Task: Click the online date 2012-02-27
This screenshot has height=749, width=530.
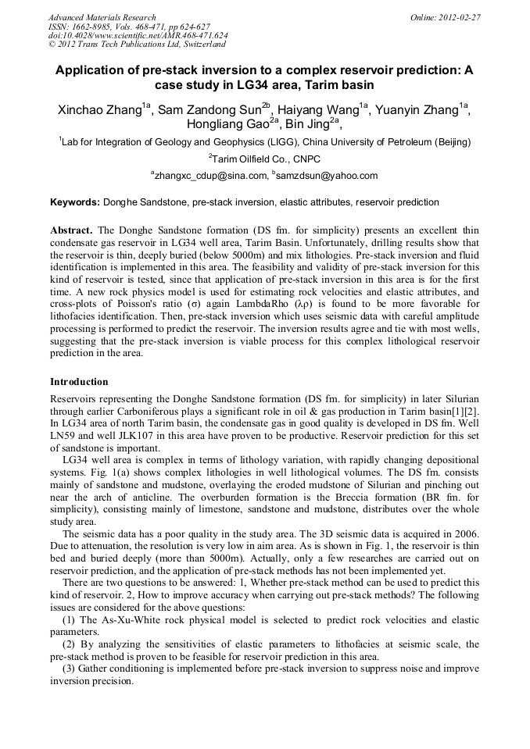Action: click(458, 17)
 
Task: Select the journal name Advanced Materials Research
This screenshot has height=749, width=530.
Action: click(102, 17)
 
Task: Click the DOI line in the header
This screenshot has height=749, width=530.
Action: click(138, 35)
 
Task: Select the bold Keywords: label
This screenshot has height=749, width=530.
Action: click(75, 202)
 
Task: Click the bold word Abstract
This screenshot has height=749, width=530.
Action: click(72, 231)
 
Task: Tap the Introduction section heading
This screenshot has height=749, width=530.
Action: click(79, 382)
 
